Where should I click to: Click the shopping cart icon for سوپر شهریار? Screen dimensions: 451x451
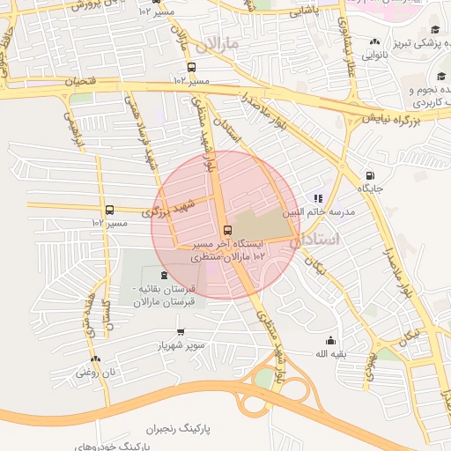[181, 332]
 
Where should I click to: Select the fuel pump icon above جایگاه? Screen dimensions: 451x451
[369, 174]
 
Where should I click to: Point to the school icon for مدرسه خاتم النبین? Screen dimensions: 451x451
[319, 199]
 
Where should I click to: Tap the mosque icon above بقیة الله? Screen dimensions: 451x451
[330, 341]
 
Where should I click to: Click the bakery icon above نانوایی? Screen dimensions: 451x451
[376, 41]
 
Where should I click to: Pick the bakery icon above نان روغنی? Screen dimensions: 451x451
[96, 359]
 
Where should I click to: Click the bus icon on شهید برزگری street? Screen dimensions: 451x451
[109, 210]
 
